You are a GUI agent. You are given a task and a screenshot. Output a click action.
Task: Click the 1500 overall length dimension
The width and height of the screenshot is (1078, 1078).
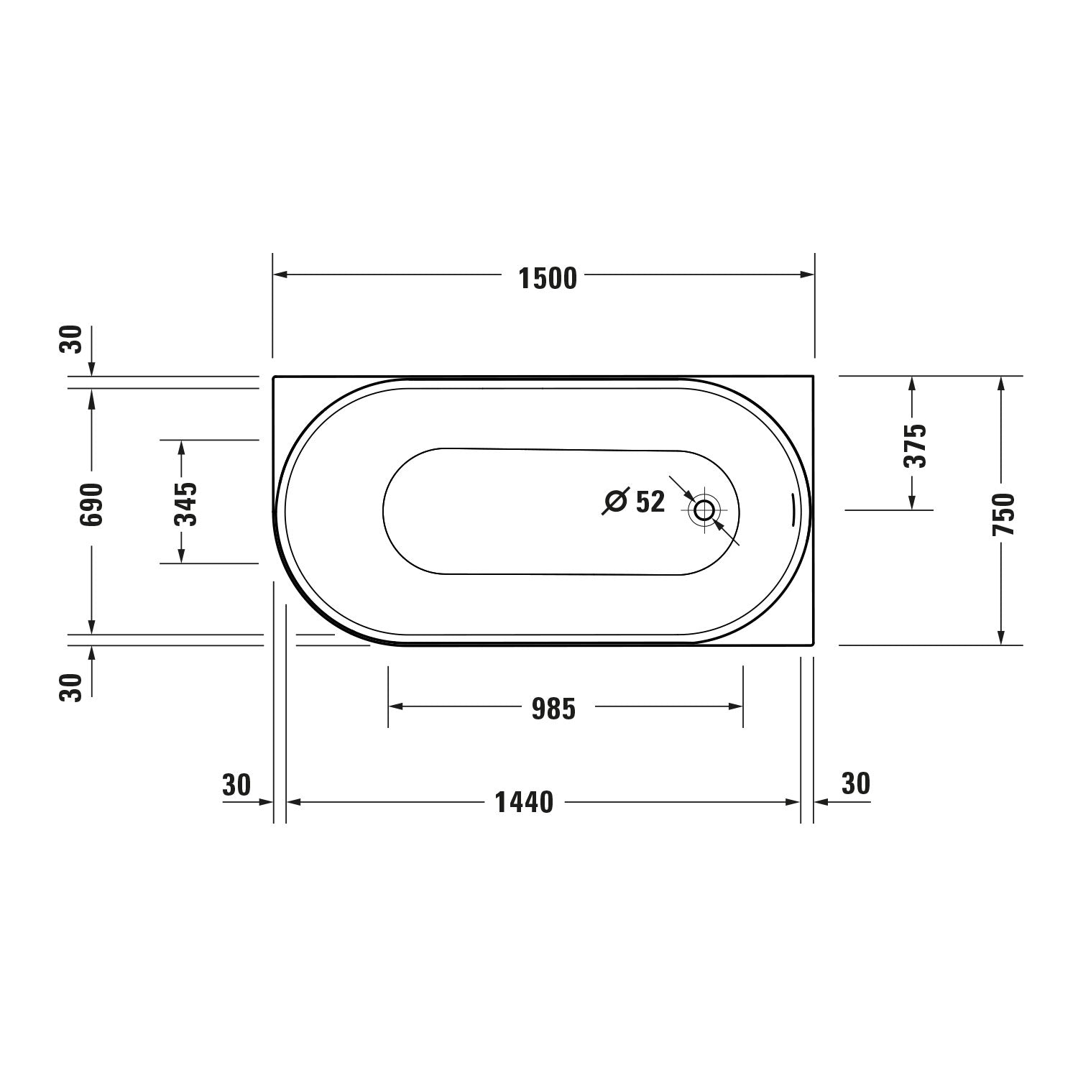click(x=548, y=279)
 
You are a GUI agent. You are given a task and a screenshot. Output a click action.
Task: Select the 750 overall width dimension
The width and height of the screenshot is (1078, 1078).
click(x=1003, y=514)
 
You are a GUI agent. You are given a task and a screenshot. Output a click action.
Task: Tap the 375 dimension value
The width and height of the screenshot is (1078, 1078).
click(x=915, y=446)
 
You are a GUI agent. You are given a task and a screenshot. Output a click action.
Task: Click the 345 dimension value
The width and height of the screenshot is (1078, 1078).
click(x=186, y=503)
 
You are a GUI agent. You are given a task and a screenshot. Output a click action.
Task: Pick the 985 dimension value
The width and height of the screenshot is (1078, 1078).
click(x=554, y=710)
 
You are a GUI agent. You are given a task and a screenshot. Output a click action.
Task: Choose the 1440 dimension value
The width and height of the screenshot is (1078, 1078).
click(x=525, y=802)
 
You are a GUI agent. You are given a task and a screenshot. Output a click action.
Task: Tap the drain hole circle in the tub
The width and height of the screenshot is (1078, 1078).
click(x=704, y=510)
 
